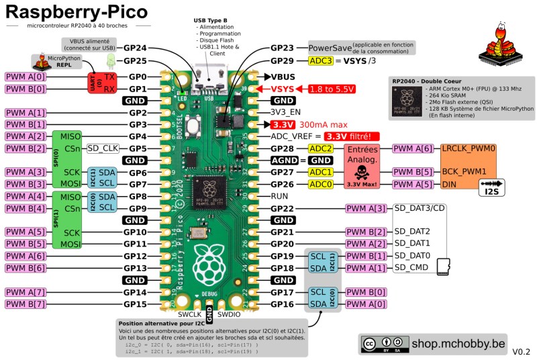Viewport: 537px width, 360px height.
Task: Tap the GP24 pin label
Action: click(x=135, y=48)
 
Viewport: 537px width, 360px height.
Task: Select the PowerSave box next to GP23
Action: click(x=328, y=48)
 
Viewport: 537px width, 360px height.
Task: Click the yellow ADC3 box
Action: click(x=320, y=61)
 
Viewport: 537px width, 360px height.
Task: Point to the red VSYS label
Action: click(x=283, y=89)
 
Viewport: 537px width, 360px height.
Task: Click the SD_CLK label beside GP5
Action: click(x=103, y=148)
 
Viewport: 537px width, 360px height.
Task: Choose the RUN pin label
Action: click(x=280, y=196)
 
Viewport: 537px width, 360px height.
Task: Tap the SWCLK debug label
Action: click(x=191, y=314)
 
